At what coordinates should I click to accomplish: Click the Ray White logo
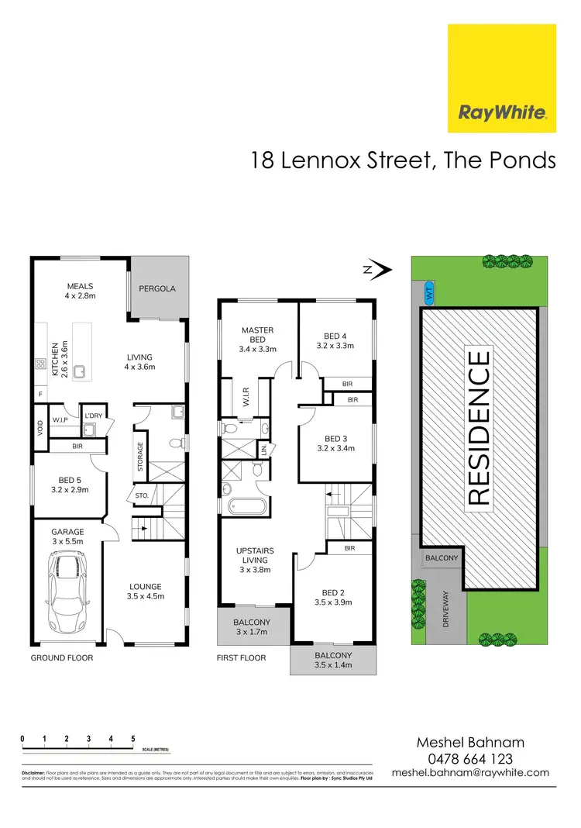(502, 78)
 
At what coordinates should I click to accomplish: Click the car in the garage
(68, 591)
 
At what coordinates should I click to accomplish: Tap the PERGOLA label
(157, 288)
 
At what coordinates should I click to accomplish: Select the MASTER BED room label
(257, 335)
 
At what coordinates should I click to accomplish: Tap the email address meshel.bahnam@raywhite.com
(470, 772)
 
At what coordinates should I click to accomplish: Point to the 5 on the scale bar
(133, 739)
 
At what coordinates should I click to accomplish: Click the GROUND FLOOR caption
(62, 657)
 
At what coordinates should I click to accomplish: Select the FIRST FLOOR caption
(242, 657)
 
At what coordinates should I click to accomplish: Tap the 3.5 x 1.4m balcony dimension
(332, 664)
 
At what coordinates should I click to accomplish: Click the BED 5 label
(70, 479)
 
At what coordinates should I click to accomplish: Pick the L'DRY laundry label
(95, 416)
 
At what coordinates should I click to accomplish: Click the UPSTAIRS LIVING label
(255, 555)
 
